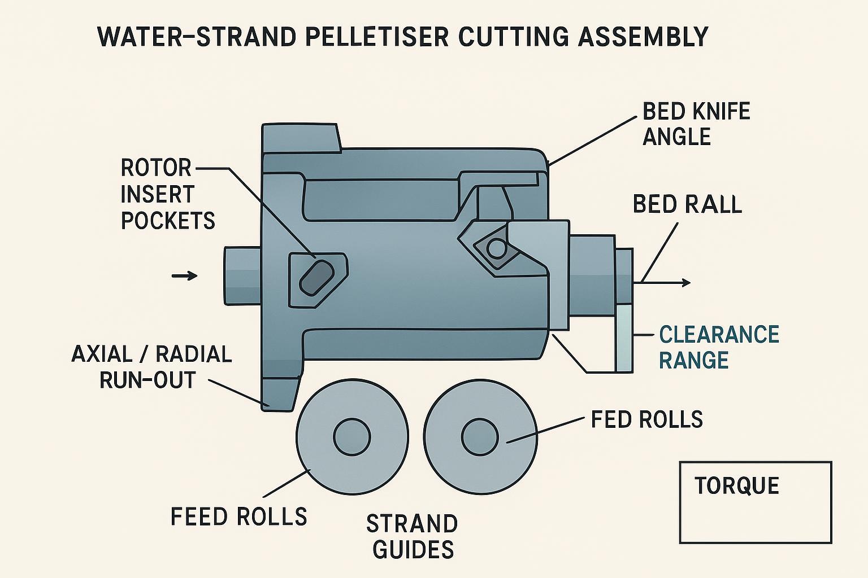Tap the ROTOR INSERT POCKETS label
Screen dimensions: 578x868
pyautogui.click(x=167, y=194)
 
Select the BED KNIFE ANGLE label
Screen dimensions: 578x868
pyautogui.click(x=696, y=124)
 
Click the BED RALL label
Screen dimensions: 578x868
pyautogui.click(x=687, y=204)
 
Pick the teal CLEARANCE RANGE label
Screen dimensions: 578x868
pyautogui.click(x=719, y=347)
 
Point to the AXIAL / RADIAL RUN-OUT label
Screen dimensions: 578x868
pyautogui.click(x=151, y=367)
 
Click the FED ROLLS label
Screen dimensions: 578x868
pyautogui.click(x=646, y=420)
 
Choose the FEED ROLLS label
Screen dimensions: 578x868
pyautogui.click(x=238, y=516)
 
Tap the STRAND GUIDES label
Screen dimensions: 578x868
pyautogui.click(x=412, y=537)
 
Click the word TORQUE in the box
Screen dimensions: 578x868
pyautogui.click(x=736, y=486)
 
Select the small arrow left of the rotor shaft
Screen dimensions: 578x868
pyautogui.click(x=184, y=275)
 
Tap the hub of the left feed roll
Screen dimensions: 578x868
pyautogui.click(x=351, y=437)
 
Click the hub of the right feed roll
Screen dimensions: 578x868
pyautogui.click(x=480, y=437)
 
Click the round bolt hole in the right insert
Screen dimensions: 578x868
pyautogui.click(x=496, y=248)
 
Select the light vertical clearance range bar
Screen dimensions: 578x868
pyautogui.click(x=623, y=339)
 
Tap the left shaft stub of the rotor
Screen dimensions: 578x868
pyautogui.click(x=242, y=275)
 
